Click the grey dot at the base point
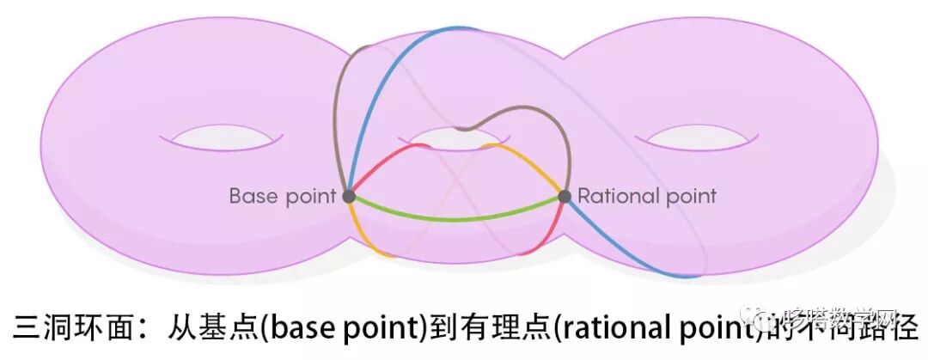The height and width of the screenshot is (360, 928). coord(349,196)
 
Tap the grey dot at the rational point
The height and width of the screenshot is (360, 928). coord(565,196)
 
